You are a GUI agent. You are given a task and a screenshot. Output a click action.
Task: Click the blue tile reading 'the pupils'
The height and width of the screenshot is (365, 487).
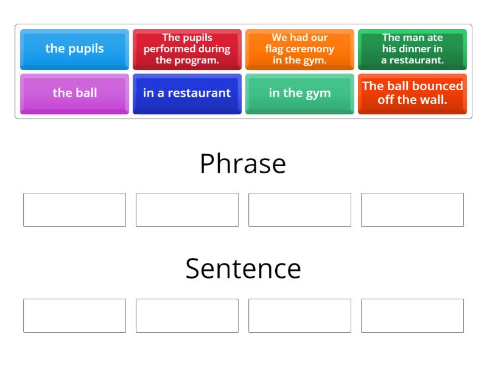coord(74,49)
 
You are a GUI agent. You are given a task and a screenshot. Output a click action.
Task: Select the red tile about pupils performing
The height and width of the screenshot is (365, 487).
coord(187,49)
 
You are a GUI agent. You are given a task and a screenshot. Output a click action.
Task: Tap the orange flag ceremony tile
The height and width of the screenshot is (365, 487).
coord(300,49)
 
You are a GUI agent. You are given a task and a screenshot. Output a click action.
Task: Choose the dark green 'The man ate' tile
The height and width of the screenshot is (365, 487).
coord(412,49)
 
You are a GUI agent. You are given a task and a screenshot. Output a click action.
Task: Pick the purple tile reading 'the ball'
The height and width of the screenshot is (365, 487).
coord(74,93)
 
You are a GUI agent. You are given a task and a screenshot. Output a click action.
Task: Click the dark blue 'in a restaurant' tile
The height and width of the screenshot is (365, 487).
coord(187,93)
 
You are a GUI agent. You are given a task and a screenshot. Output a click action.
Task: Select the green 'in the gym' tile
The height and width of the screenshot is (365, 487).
coord(300,93)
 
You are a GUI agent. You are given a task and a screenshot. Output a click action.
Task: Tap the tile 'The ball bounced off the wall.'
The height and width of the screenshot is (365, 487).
coord(412,93)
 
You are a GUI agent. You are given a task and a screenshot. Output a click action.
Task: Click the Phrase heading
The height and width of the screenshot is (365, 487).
coord(243,164)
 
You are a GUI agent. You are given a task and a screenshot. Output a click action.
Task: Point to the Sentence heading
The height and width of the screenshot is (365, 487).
coord(243,268)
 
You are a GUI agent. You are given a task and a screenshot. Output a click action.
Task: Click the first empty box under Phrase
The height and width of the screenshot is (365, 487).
coord(74,210)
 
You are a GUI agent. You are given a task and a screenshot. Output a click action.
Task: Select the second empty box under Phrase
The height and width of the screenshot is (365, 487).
coord(187,210)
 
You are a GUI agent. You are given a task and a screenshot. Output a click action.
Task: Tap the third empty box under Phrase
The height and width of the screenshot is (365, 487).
coord(300,210)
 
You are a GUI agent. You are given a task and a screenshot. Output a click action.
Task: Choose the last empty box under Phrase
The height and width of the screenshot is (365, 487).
coord(412,210)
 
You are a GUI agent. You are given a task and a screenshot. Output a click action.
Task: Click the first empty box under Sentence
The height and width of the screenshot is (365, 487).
coord(74,316)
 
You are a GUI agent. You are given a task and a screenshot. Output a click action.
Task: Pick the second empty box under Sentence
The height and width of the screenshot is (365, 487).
coord(187,316)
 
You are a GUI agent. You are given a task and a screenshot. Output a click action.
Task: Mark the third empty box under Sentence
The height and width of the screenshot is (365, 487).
coord(300,316)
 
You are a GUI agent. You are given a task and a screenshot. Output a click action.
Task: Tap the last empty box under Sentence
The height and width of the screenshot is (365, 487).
coord(412,316)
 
